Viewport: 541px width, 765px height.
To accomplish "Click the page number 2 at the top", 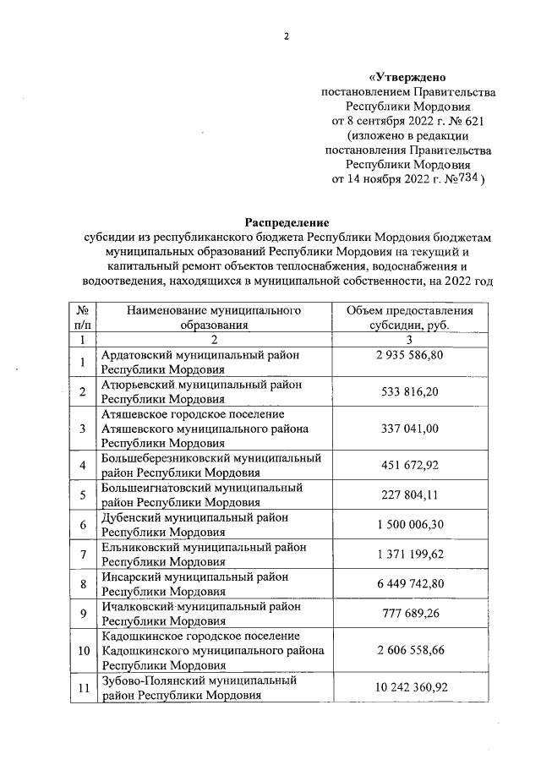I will coord(286,36).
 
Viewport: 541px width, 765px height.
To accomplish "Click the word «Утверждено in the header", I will coord(410,77).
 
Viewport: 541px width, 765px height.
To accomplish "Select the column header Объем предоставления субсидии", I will coord(410,318).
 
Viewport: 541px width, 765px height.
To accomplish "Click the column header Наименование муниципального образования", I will coord(214,318).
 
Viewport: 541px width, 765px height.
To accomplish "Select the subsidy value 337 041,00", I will coord(410,429).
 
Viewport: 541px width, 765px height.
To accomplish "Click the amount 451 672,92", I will coord(410,465).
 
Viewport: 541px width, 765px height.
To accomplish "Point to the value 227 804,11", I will coord(410,495).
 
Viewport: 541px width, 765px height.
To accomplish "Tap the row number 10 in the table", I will coord(83,650).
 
